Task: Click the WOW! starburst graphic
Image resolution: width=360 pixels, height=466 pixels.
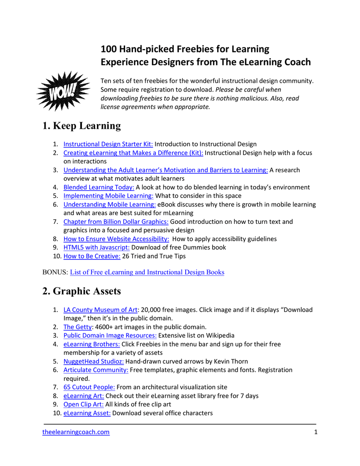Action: (63, 91)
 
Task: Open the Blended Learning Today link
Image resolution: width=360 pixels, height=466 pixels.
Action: (99, 187)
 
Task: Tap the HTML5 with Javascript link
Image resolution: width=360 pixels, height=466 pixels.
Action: (96, 247)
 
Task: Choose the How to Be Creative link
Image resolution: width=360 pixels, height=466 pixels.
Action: (92, 256)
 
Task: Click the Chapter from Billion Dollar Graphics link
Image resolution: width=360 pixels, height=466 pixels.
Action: (116, 222)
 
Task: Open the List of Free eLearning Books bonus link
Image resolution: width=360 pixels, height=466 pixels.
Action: (147, 272)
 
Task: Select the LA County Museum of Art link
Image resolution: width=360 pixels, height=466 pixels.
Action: (100, 309)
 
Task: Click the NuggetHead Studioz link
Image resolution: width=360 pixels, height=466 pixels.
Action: (93, 361)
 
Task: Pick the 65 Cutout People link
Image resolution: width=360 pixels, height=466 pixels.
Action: (89, 387)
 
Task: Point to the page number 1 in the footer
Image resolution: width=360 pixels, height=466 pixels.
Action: (315, 432)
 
